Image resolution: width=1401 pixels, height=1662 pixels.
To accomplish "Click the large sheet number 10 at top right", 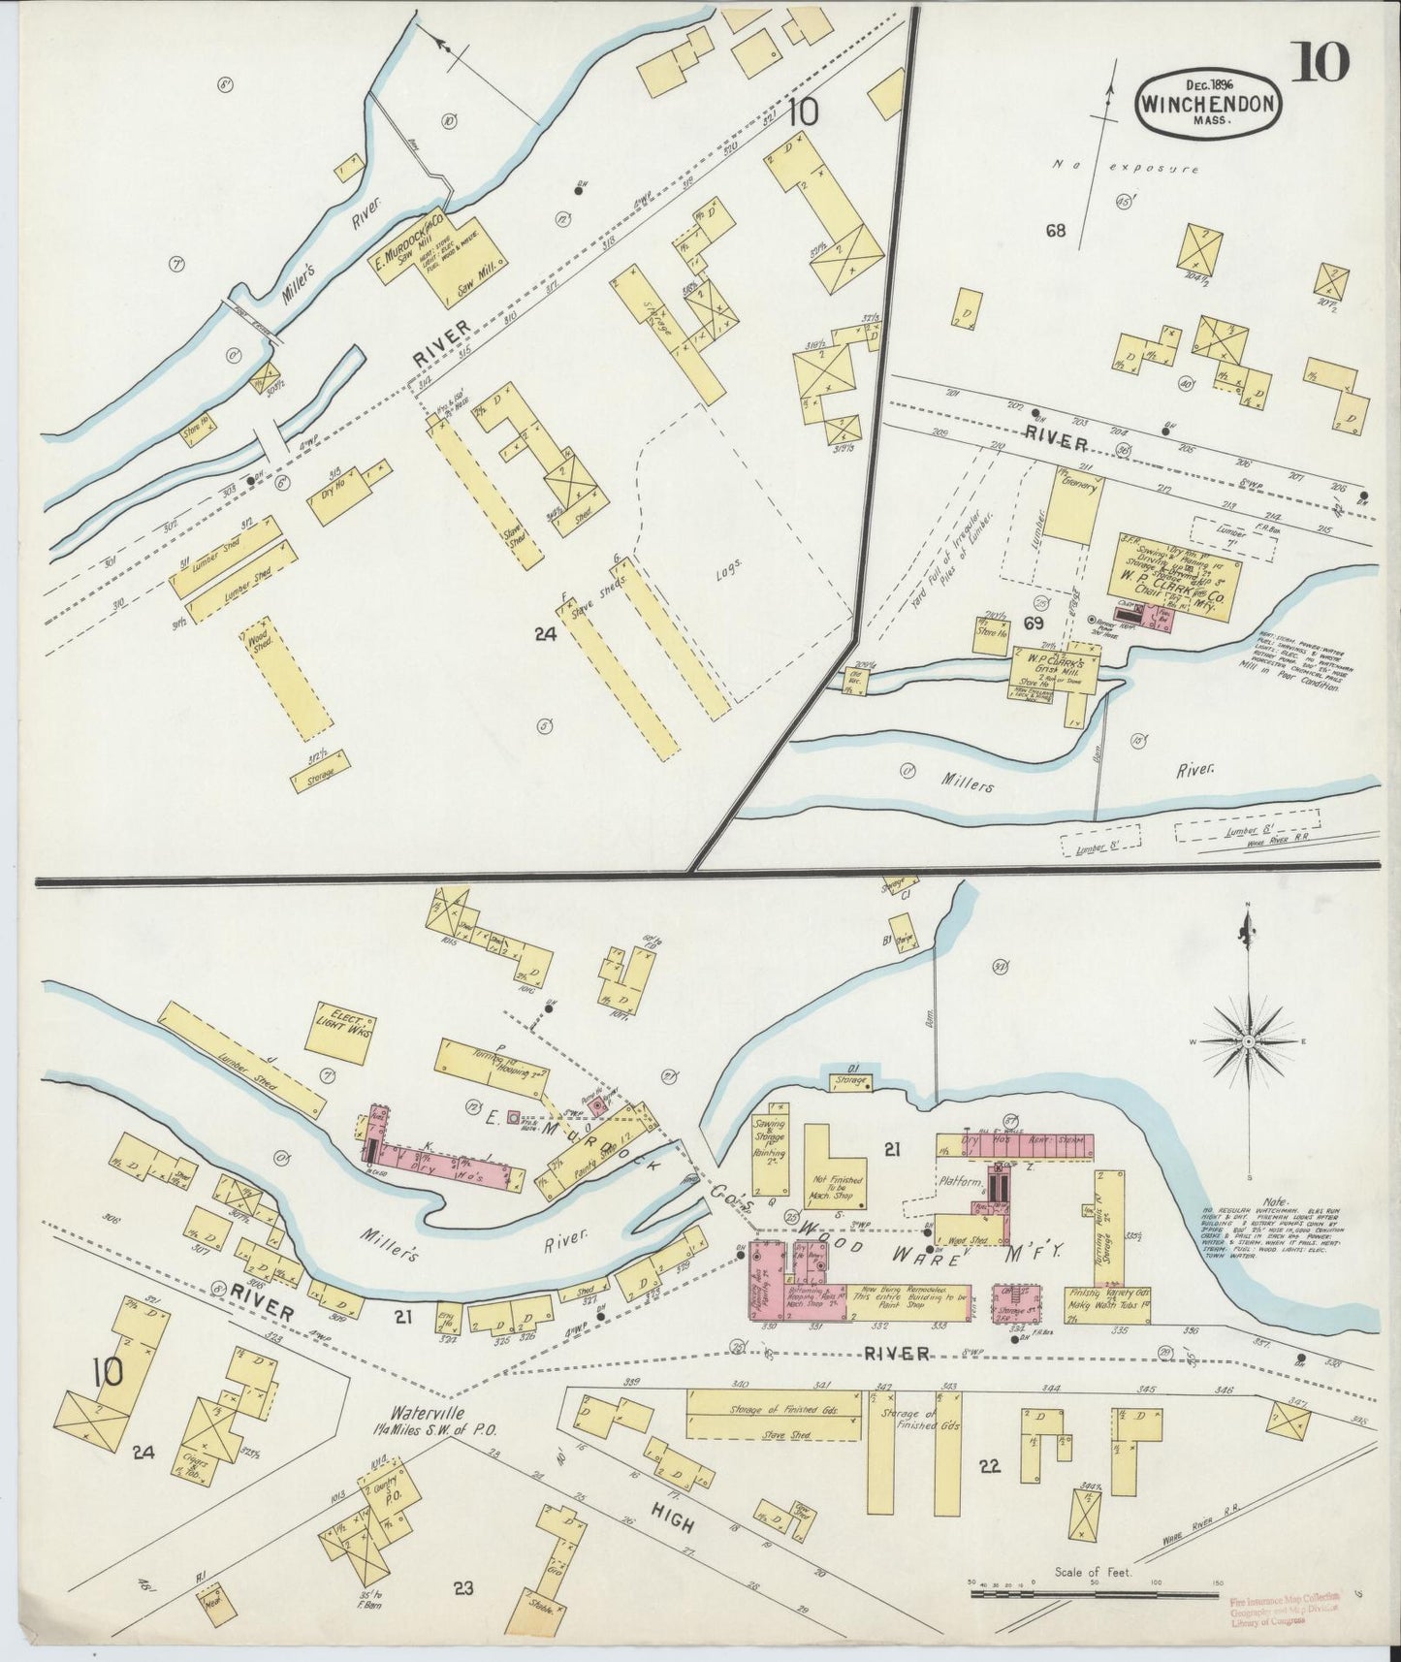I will click(x=1319, y=64).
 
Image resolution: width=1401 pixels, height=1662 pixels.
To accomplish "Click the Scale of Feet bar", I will click(x=1094, y=1593).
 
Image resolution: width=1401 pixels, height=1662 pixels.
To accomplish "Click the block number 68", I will click(x=1056, y=232).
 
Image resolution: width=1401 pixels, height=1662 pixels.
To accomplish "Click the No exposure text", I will click(x=1127, y=168).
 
